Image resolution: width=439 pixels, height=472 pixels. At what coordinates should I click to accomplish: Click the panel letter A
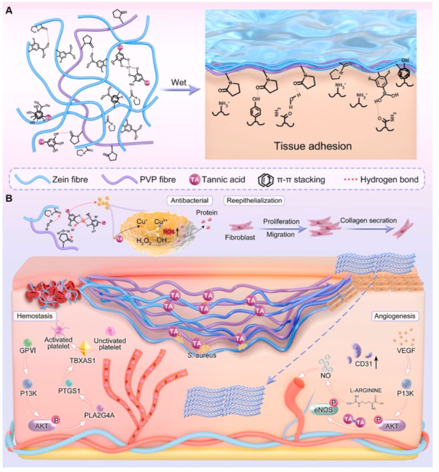[8, 10]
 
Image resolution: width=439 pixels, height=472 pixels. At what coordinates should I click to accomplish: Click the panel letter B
[8, 199]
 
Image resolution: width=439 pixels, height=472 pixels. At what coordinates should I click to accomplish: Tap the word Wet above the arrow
[179, 82]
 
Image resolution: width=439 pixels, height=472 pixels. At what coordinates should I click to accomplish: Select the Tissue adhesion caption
[312, 146]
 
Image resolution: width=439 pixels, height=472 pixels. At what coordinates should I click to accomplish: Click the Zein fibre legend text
[70, 179]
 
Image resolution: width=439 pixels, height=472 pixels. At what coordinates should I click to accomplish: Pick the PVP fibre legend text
[157, 179]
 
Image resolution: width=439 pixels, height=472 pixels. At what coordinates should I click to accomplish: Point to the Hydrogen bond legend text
[389, 179]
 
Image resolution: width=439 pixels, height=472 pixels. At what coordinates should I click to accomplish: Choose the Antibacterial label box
[190, 200]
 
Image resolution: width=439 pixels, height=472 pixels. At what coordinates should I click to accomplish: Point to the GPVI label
[27, 351]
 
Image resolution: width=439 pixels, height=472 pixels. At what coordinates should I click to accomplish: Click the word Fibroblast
[240, 237]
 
